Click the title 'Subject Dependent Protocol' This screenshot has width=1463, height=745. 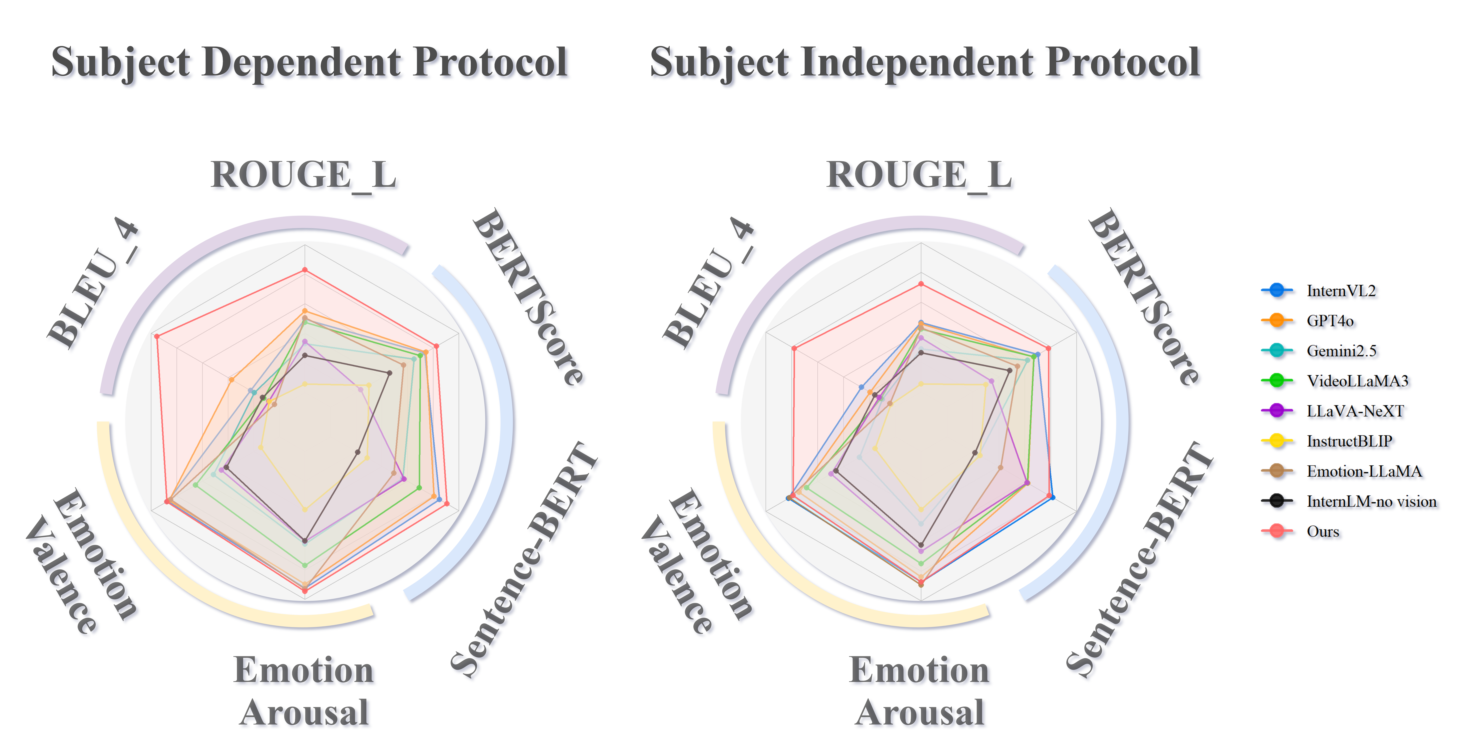coord(311,64)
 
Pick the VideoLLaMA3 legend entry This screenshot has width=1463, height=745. coord(1357,381)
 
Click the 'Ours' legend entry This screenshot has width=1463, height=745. coord(1323,532)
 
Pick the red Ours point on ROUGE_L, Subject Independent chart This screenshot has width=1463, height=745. coord(921,284)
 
